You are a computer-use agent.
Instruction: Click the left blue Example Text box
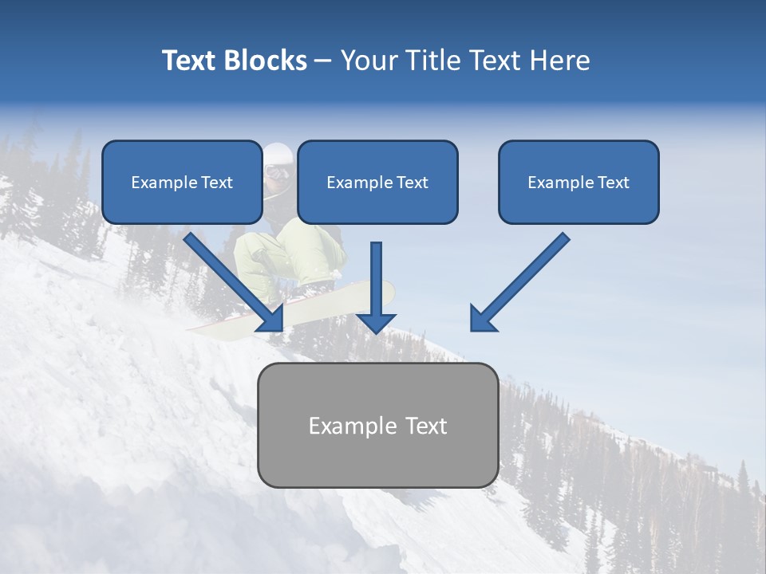coord(182,183)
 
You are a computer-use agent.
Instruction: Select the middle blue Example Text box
coord(377,183)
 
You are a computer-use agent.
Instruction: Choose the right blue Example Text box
coord(578,183)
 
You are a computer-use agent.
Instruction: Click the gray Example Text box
coord(377,426)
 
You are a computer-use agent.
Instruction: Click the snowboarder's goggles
coord(276,171)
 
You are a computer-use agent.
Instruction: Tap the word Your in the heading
coord(369,61)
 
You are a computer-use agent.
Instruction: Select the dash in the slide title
coord(323,61)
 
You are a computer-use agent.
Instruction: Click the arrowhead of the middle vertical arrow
coord(376,322)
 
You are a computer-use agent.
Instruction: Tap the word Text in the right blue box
coord(613,183)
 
